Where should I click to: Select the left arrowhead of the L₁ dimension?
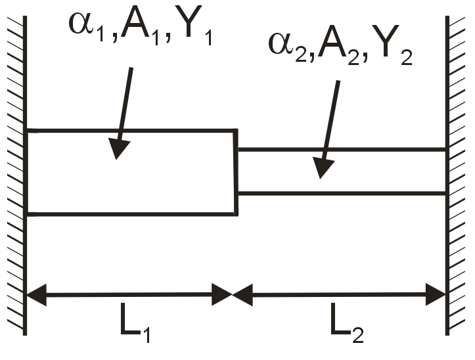35,294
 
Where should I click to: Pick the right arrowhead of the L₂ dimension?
437,294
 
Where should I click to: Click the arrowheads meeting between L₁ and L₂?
233,294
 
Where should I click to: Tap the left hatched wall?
14,177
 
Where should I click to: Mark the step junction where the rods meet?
237,171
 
